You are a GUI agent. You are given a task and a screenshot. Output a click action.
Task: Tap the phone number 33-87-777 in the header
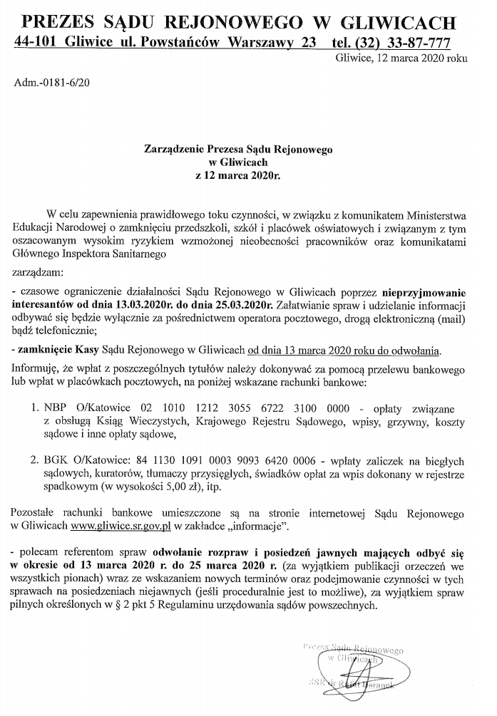[x=413, y=42]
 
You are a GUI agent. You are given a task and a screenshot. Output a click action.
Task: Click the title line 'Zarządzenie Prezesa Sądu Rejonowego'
[x=238, y=150]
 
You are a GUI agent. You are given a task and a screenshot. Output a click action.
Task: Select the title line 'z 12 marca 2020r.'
[x=238, y=174]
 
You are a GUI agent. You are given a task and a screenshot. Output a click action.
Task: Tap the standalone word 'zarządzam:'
[x=38, y=271]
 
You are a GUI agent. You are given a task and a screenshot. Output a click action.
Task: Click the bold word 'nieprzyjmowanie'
[x=423, y=292]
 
